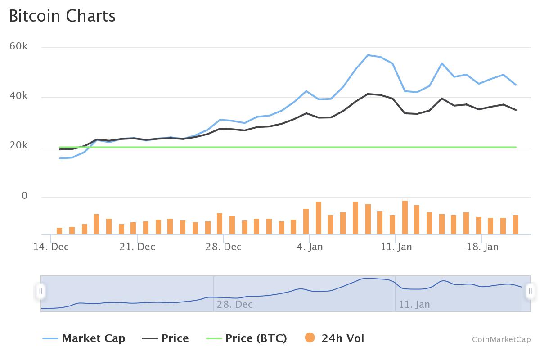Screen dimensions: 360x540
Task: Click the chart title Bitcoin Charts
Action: (x=63, y=16)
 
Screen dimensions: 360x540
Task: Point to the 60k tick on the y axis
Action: (x=18, y=46)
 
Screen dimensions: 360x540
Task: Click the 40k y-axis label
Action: (x=18, y=96)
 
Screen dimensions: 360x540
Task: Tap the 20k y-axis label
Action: (x=18, y=146)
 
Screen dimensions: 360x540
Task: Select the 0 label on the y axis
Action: (x=24, y=196)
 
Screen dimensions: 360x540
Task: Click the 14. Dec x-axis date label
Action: (x=51, y=247)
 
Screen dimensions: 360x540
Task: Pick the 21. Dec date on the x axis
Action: (x=137, y=247)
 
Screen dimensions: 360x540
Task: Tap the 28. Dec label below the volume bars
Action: (x=224, y=247)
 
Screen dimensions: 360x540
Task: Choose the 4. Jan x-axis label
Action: (x=310, y=247)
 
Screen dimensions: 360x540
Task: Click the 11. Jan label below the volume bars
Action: (x=396, y=247)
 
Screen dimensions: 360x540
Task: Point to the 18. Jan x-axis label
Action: (x=482, y=247)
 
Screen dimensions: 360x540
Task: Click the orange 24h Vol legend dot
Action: (x=310, y=337)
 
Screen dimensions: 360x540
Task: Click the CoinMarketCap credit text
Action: (x=501, y=339)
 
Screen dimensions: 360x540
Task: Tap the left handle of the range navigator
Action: (x=40, y=291)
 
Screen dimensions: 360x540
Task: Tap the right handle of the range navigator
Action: (x=530, y=291)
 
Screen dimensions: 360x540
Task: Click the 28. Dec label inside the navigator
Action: (x=234, y=305)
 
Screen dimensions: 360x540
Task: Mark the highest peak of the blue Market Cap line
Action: (x=368, y=55)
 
